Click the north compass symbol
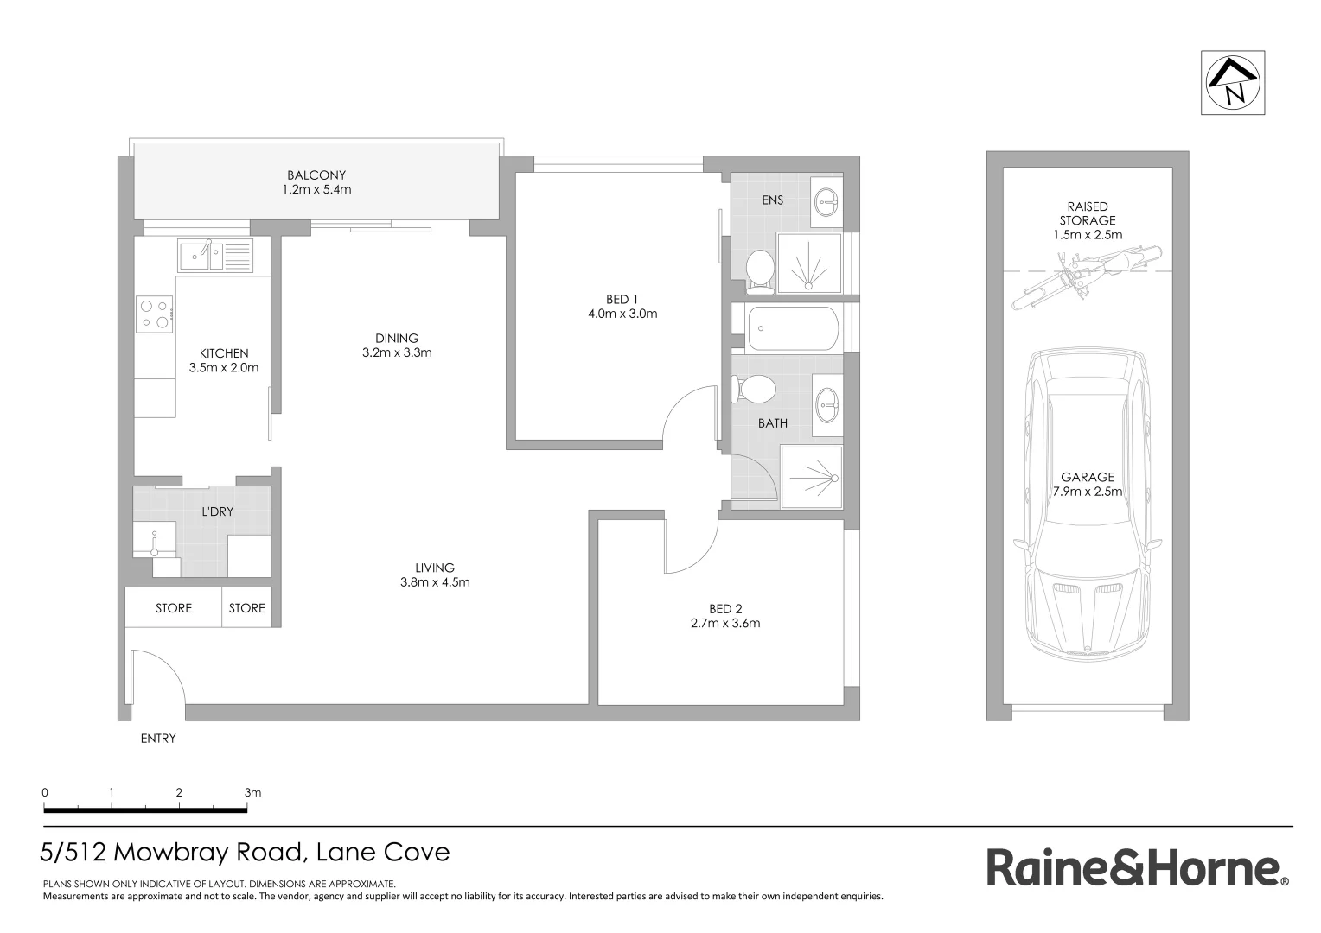pos(1233,83)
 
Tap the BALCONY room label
pos(316,175)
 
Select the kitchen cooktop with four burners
pos(154,314)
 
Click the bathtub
pos(792,328)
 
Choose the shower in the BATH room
pos(811,477)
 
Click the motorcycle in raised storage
pos(1086,276)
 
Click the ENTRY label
pos(158,739)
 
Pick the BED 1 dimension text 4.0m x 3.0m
pos(622,314)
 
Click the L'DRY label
pos(217,511)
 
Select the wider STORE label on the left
pos(174,608)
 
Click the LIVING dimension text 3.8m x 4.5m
pos(435,582)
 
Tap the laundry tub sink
pos(155,540)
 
